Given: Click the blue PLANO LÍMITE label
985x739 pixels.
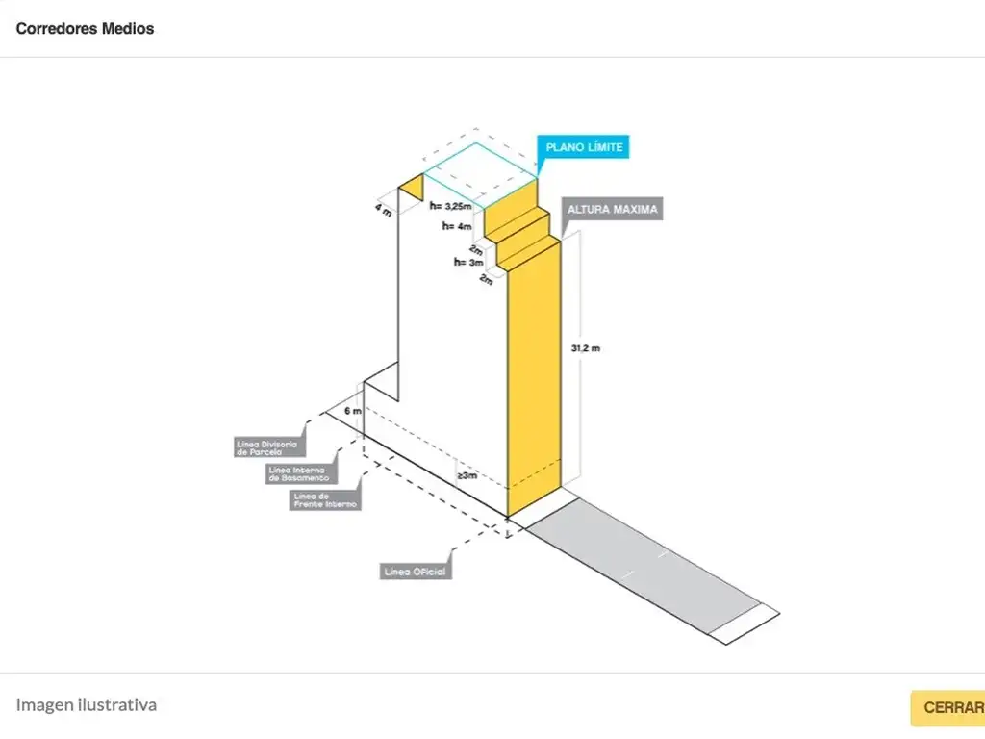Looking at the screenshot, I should coord(584,148).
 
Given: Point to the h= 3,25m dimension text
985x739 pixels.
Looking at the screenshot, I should coord(451,205).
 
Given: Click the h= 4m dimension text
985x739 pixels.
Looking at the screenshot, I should coord(457,226).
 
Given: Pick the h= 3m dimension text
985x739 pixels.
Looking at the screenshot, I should coord(468,262).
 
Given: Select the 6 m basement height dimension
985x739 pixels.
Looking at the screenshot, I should coord(353,411).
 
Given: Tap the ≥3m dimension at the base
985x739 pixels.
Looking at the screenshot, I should coord(467,475).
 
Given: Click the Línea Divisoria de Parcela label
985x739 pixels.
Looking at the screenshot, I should coord(266,447).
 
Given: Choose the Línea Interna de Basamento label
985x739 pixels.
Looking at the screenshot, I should coord(299,473).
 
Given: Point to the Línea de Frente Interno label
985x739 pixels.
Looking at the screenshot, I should coord(325,499).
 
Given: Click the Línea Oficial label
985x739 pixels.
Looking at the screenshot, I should coord(416,572).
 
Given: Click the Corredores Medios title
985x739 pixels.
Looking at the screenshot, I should coord(85,28).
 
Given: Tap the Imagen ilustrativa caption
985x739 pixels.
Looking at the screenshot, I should coord(87,704).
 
